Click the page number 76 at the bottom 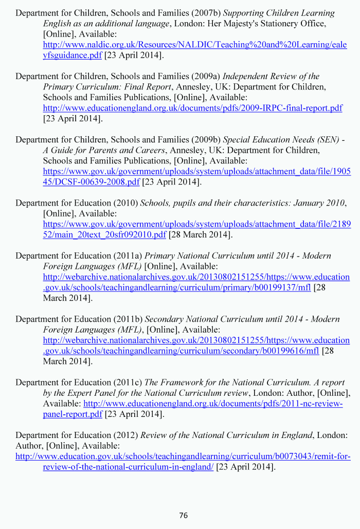(184, 516)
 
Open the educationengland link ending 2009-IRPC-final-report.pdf (192, 108)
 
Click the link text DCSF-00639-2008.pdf (91, 182)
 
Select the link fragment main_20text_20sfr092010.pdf (104, 235)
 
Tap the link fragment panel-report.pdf (73, 414)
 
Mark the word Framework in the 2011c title (181, 382)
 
